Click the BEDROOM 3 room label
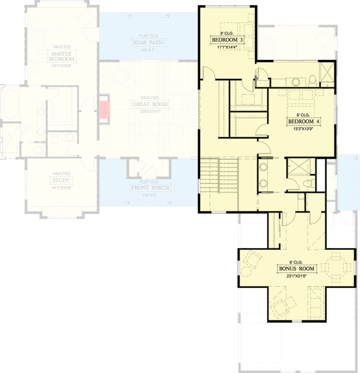pos(228,41)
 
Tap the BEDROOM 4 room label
pos(302,122)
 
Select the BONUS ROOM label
pos(296,269)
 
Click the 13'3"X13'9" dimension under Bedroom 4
pos(302,129)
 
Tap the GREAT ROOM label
pos(149,104)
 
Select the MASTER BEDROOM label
pos(62,56)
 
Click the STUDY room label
pos(61,180)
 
